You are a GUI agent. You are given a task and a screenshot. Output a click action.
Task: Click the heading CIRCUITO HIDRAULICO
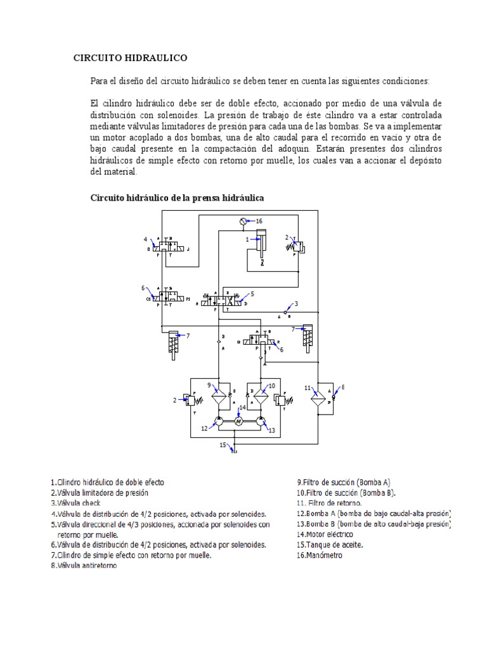point(131,58)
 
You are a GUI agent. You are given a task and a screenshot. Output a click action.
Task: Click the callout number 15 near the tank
point(223,445)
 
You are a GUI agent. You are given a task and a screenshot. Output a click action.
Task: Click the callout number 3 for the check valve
point(296,303)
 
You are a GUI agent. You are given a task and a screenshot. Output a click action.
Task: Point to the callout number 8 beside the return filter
point(343,387)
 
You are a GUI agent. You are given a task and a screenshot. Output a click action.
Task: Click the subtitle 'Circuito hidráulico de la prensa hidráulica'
point(177,198)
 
